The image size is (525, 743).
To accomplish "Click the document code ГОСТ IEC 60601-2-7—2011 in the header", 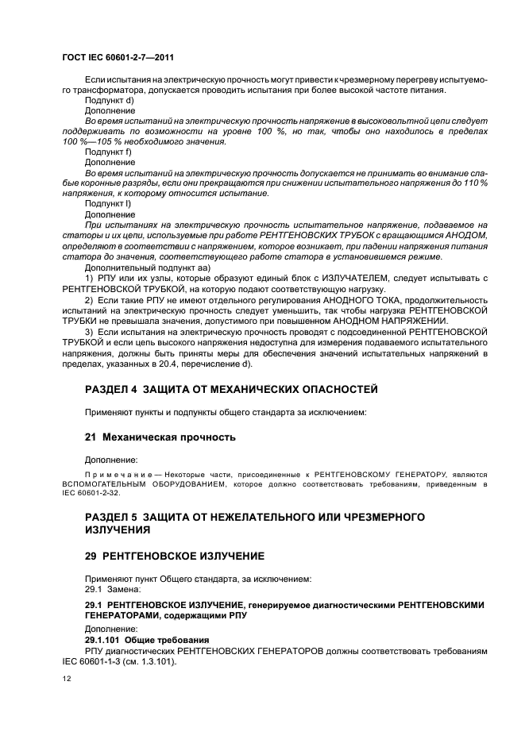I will [118, 58].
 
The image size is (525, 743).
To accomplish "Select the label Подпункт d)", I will [109, 101].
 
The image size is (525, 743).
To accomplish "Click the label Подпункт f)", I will [108, 152].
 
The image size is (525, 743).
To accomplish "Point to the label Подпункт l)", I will [108, 203].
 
